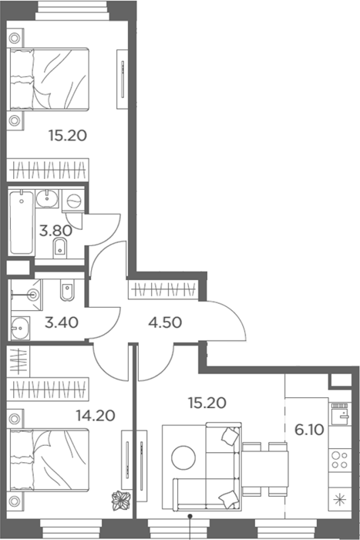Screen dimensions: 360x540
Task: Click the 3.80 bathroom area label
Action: coord(56,231)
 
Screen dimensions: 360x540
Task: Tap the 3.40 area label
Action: coord(62,322)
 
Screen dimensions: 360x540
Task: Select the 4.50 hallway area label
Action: coord(165,322)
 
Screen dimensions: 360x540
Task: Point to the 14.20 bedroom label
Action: coord(96,416)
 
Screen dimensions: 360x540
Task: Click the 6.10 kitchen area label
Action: coord(309,430)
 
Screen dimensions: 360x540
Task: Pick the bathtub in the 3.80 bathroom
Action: coord(22,223)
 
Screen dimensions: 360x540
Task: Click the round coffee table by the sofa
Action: coord(183,457)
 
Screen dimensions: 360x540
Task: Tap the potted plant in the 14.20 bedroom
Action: coord(121,501)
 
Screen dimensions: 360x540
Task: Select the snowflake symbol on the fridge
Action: coord(340,499)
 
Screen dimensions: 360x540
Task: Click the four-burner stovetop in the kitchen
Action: coord(340,460)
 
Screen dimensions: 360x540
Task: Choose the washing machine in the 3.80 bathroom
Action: coord(73,201)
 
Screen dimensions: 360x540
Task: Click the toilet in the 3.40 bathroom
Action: coord(66,289)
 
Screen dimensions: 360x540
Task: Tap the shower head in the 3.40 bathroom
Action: coord(33,295)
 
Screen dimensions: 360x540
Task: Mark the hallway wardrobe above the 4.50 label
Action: coord(163,289)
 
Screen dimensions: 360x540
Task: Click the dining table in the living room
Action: coord(265,469)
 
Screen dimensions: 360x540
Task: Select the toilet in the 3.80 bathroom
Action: coord(60,248)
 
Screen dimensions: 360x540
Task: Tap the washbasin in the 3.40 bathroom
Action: coord(20,328)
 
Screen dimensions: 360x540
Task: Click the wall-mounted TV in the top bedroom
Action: coord(122,79)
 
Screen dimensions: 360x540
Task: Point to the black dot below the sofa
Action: coord(190,515)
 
